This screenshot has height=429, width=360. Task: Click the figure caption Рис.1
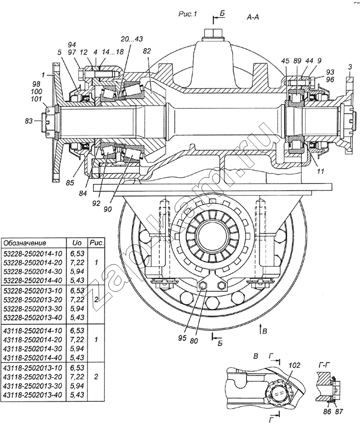(x=187, y=14)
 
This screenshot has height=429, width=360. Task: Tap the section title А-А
(x=253, y=17)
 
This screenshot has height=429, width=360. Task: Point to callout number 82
(x=146, y=51)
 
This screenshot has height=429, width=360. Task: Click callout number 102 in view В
(x=294, y=365)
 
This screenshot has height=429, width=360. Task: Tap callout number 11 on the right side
(x=320, y=172)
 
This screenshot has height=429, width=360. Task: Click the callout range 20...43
(x=132, y=39)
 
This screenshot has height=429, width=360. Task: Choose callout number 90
(x=108, y=209)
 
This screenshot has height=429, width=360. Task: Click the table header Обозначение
(x=25, y=243)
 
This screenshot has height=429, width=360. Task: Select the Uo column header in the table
(x=77, y=243)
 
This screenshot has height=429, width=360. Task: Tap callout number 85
(x=70, y=183)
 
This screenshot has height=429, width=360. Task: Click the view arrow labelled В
(x=261, y=328)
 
